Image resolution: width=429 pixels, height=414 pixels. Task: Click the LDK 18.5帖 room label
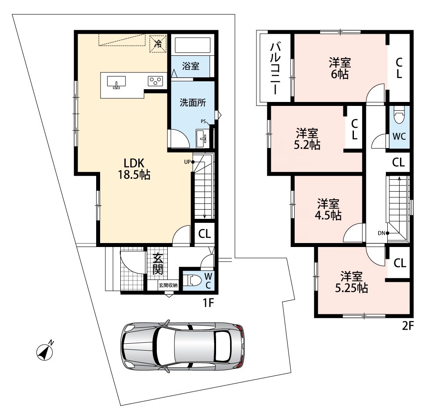click(x=134, y=169)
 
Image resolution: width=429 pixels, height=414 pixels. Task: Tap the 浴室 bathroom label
click(x=191, y=66)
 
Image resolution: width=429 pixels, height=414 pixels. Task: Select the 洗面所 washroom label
click(x=193, y=103)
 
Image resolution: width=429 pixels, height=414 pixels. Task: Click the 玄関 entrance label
click(x=158, y=264)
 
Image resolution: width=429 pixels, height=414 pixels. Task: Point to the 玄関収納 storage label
click(x=168, y=285)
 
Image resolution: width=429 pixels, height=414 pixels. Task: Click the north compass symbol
click(x=45, y=351)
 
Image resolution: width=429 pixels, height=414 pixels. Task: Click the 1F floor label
click(x=208, y=303)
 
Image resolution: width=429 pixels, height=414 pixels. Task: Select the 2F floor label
click(x=407, y=326)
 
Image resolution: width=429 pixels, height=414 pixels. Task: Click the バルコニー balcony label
click(x=275, y=69)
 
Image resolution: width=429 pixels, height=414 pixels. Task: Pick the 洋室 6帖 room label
click(x=340, y=69)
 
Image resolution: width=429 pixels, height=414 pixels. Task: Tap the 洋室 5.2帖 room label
click(x=307, y=139)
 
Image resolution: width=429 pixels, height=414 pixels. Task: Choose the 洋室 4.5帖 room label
click(x=328, y=210)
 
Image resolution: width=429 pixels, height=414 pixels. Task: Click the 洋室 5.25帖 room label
click(x=352, y=282)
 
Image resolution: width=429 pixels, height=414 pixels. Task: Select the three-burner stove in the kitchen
click(x=155, y=81)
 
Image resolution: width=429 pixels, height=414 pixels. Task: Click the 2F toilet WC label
click(x=399, y=136)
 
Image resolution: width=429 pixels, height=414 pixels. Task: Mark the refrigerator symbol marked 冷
click(x=158, y=43)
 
